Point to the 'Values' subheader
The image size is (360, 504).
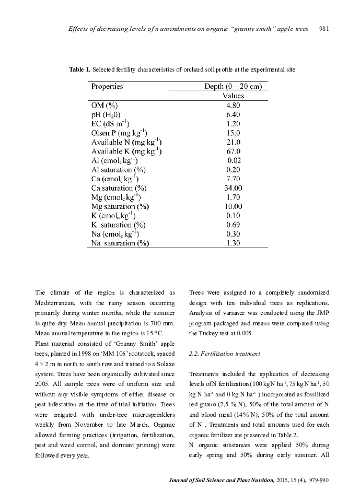(233, 96)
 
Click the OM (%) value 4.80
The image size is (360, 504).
(233, 104)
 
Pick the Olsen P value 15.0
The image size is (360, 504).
(233, 133)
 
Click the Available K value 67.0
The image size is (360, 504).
(233, 151)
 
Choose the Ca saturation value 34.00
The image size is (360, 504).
(233, 188)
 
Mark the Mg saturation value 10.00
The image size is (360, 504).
(233, 206)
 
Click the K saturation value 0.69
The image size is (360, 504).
(233, 225)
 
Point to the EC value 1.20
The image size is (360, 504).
(233, 123)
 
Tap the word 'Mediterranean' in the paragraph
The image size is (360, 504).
(55, 303)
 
